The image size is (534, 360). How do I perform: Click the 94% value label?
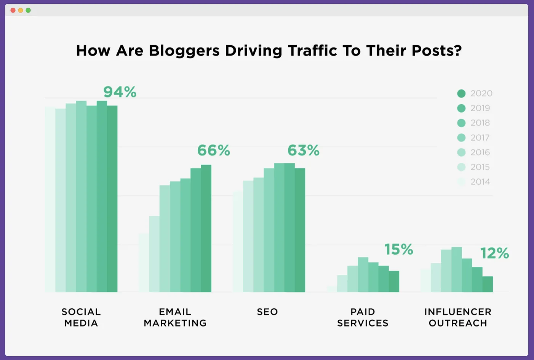coord(120,92)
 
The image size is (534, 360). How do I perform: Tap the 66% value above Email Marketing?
coord(213,151)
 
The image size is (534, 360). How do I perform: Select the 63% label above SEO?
coord(303,151)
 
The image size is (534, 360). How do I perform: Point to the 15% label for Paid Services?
coord(398,250)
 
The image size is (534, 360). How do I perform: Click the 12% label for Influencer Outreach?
coord(494,253)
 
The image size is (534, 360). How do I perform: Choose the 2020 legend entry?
coord(475,94)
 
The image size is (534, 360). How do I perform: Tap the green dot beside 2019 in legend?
coord(461,108)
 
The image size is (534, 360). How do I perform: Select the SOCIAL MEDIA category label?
coord(81,317)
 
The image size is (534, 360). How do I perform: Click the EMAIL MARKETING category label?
coord(175,317)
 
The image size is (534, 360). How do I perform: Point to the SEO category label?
coord(267,312)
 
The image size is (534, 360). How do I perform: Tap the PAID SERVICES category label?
coord(363,317)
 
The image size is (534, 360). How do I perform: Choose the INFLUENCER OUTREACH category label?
coord(458,317)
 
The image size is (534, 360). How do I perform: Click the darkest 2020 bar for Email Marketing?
coord(206,228)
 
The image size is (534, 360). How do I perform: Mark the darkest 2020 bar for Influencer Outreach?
coord(488,284)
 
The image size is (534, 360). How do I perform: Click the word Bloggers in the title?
coord(184,51)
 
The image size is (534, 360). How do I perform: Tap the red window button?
coord(13,10)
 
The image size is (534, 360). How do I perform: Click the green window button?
coord(28,10)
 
